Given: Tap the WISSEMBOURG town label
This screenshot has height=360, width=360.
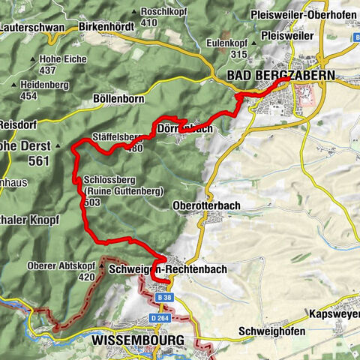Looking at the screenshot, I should pos(137,340).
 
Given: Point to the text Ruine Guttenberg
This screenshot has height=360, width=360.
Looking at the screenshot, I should pos(123,192).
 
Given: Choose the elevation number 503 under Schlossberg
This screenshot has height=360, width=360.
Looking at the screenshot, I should pos(94,202).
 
